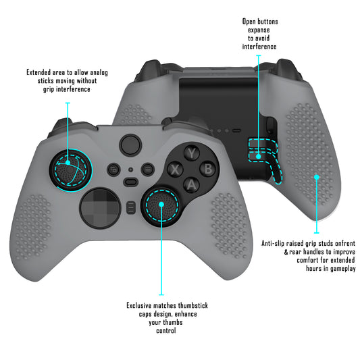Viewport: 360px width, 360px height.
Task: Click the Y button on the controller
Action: pos(192,153)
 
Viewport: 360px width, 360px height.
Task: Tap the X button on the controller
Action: pos(176,169)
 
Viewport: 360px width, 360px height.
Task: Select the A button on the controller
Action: pos(192,183)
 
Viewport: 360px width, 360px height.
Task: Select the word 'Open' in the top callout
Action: pos(251,22)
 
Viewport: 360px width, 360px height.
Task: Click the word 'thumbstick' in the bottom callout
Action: pos(191,306)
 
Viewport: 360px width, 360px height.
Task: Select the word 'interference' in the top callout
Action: pos(260,47)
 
